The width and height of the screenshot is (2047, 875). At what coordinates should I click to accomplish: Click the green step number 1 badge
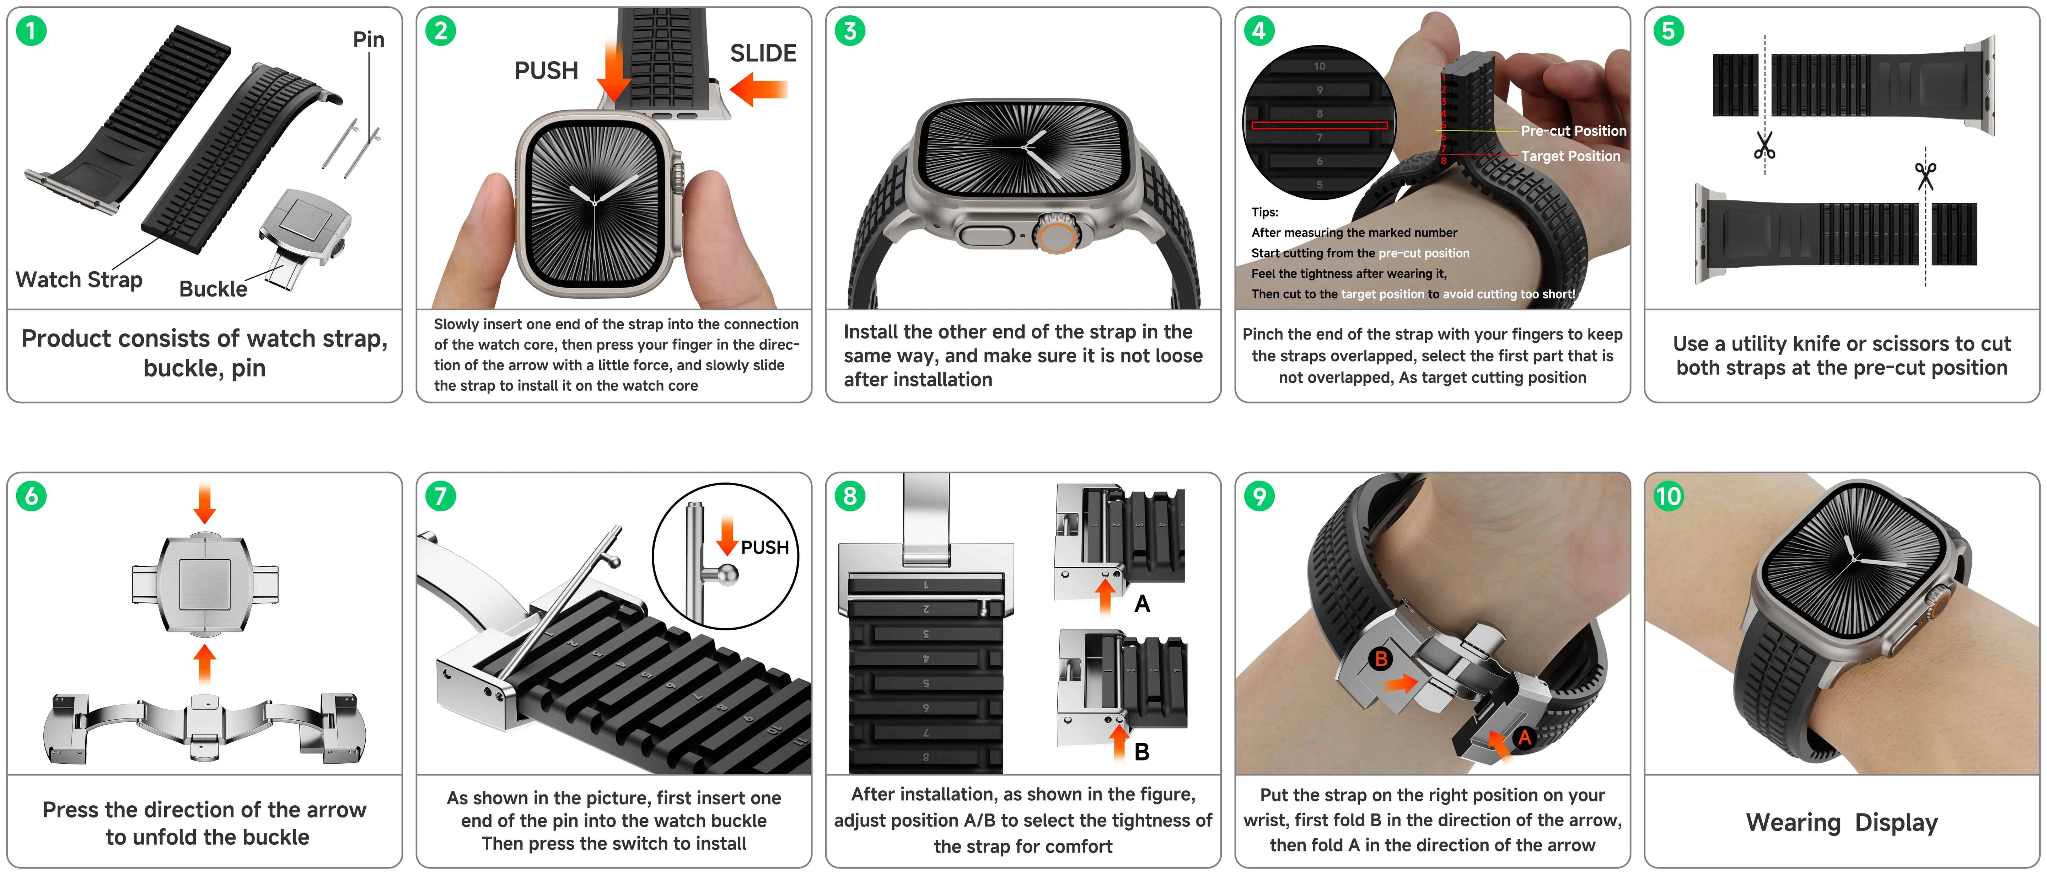click(31, 31)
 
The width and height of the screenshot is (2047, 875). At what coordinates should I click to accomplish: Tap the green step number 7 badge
click(440, 496)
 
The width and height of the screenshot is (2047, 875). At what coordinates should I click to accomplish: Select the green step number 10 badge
click(1668, 496)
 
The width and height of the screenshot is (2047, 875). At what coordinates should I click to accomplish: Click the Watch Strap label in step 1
click(79, 280)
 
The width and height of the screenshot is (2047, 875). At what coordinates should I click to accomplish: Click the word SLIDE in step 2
click(763, 53)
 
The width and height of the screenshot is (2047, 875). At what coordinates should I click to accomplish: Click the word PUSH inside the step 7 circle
click(764, 548)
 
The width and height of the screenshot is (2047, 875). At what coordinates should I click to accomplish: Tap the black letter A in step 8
click(1142, 604)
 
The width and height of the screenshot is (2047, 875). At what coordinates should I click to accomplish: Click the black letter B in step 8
click(1142, 752)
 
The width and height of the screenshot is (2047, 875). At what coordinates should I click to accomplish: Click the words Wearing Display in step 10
click(1841, 822)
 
